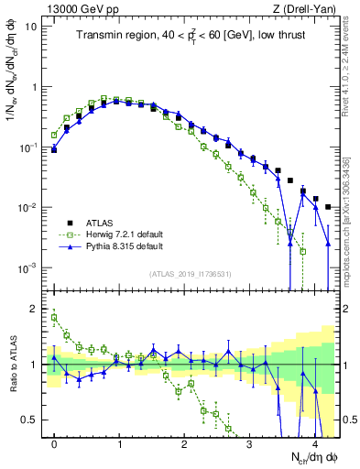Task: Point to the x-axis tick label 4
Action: pyautogui.click(x=315, y=443)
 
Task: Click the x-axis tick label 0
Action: pyautogui.click(x=54, y=443)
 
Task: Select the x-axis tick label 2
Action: pyautogui.click(x=184, y=443)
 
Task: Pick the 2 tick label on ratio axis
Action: pyautogui.click(x=35, y=308)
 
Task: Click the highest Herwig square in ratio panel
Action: pyautogui.click(x=54, y=318)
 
